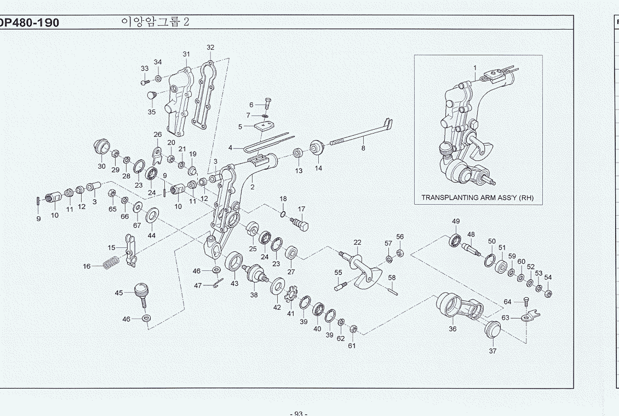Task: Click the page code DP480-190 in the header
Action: point(30,23)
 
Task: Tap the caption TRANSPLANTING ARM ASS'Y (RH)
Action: point(477,198)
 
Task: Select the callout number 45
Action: point(119,293)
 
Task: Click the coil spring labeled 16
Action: point(111,263)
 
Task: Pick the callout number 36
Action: point(452,329)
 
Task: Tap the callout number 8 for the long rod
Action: point(363,148)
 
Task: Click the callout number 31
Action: point(186,54)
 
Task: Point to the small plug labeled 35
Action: point(151,97)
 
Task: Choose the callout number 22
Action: point(357,242)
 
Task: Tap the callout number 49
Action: point(456,221)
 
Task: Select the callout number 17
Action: point(301,209)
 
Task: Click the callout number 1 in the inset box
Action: point(475,68)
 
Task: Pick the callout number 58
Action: point(392,278)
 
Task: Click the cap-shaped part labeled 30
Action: point(101,147)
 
